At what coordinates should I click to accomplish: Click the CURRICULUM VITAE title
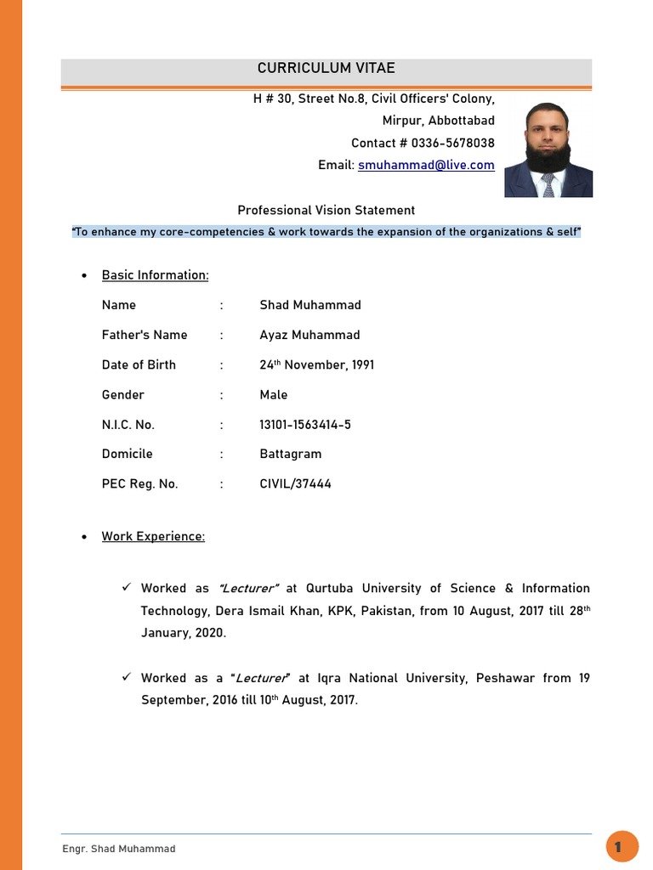pos(326,69)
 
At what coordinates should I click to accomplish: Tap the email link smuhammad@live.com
pos(426,165)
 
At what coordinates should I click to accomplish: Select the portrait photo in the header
pos(548,150)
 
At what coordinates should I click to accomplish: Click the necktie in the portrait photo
pos(548,185)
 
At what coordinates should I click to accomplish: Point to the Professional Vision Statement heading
pos(326,210)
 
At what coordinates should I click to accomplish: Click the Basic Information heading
pos(155,275)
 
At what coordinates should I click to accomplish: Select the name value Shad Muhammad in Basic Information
pos(310,305)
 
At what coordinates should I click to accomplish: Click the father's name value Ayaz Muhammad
pos(309,335)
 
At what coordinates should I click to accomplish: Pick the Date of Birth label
pos(139,364)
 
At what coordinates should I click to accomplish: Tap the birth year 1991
pos(362,364)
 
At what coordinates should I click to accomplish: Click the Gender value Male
pos(274,394)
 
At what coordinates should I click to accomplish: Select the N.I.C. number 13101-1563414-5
pos(305,424)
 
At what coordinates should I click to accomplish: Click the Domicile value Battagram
pos(291,454)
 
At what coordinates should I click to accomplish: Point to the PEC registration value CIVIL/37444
pos(296,483)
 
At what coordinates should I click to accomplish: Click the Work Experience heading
pos(153,536)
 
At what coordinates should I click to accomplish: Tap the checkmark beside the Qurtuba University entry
pos(125,587)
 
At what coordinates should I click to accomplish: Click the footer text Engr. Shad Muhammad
pos(119,849)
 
